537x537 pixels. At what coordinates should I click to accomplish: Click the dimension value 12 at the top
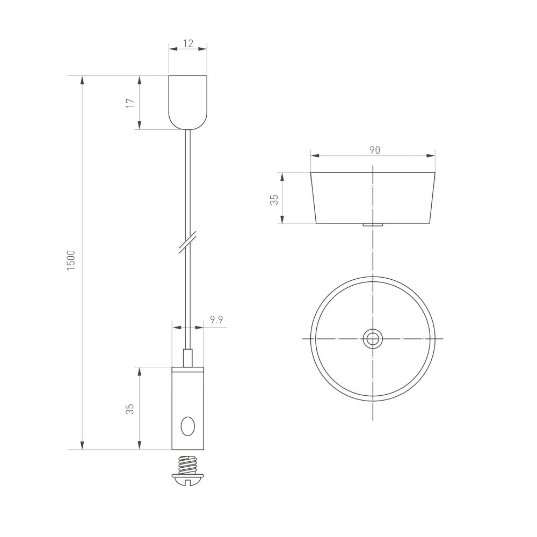click(188, 43)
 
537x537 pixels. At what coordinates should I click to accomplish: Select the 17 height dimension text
click(130, 103)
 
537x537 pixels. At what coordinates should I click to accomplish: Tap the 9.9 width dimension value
click(216, 320)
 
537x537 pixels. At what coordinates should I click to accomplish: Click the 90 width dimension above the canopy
click(374, 150)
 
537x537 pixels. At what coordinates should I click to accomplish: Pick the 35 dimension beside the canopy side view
click(274, 199)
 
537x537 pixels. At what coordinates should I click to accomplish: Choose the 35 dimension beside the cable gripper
click(130, 409)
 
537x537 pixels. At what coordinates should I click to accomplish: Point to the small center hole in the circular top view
click(372, 339)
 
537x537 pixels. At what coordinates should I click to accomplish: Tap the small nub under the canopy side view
click(372, 224)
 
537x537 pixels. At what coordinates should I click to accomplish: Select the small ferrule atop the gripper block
click(187, 358)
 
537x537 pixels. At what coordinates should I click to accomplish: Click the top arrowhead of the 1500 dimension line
click(82, 81)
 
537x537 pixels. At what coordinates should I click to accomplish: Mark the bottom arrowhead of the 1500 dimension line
click(82, 445)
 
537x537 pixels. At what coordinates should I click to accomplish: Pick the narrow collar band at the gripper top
click(187, 369)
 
